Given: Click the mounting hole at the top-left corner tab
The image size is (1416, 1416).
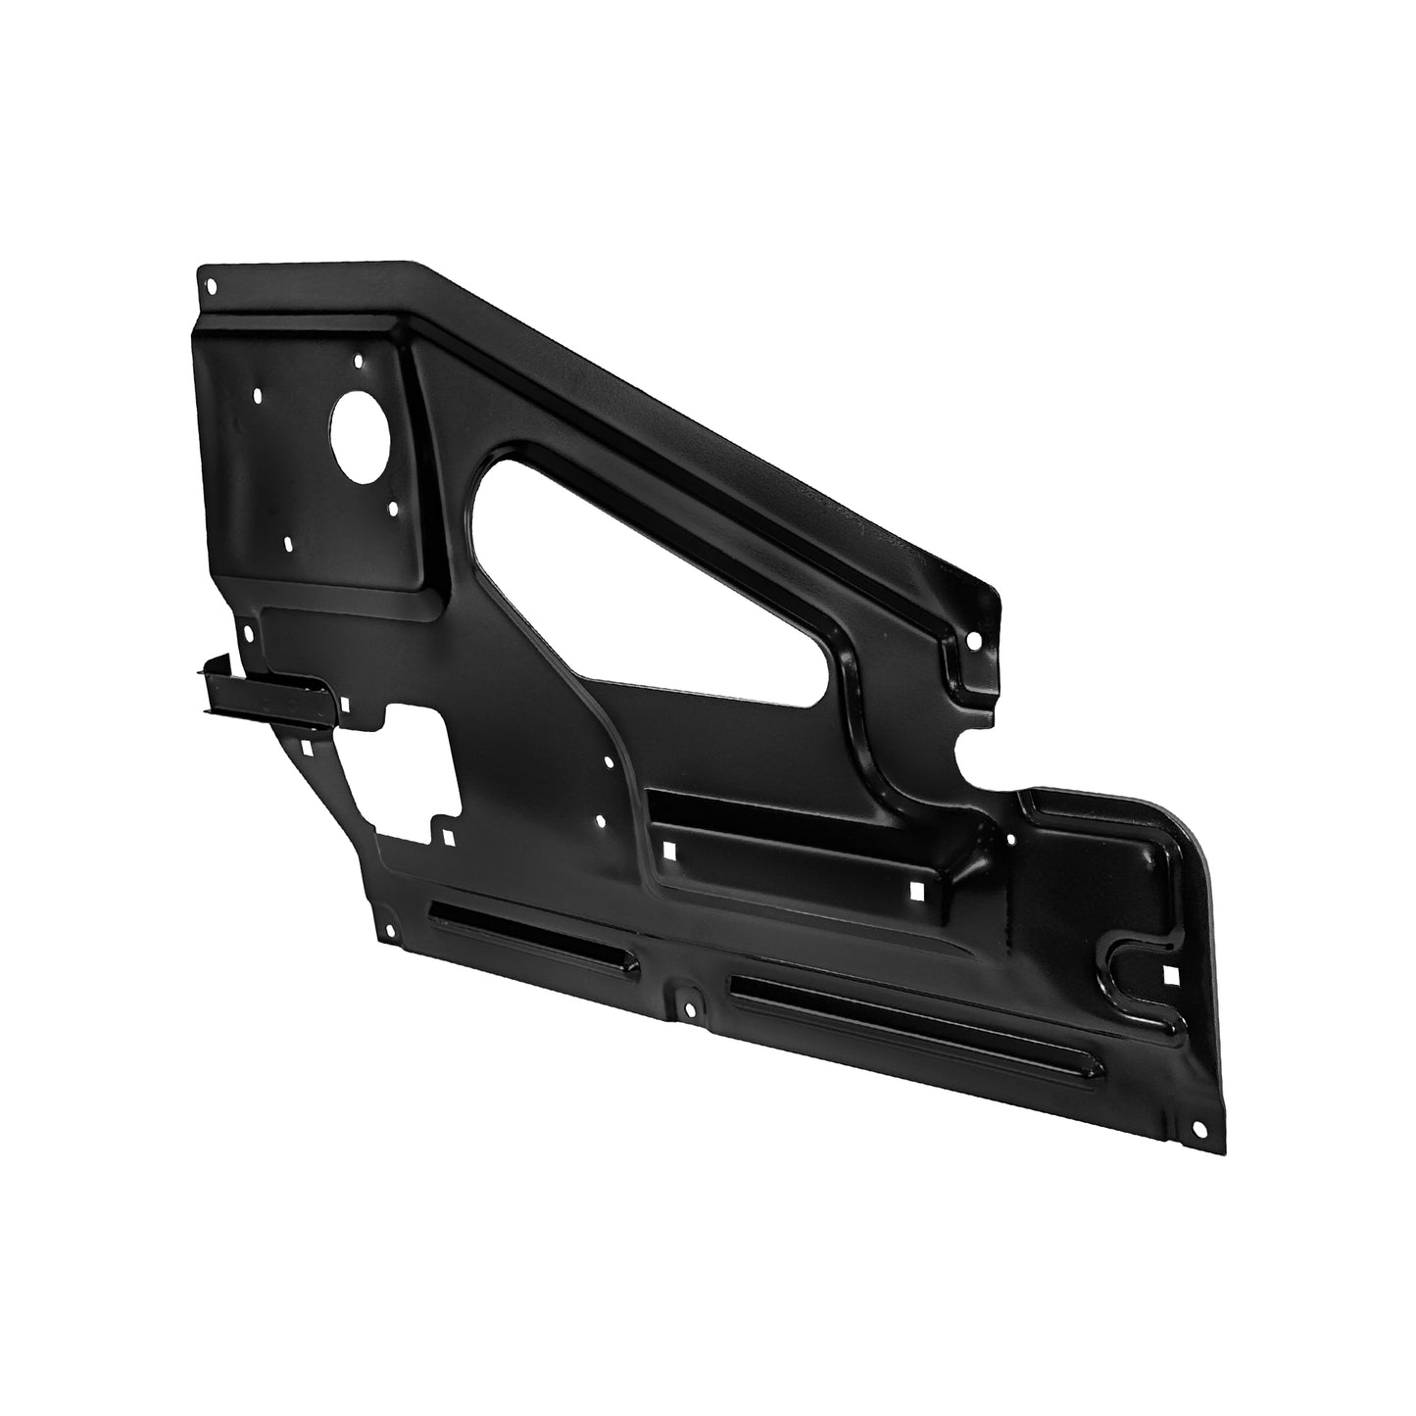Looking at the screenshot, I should coord(214,286).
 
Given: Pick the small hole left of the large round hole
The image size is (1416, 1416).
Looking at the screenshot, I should coord(257,397).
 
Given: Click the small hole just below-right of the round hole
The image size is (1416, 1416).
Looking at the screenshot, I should coord(393,509).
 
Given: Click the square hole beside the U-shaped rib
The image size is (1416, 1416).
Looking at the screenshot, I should coord(1170,976).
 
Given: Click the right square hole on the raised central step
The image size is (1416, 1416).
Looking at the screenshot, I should coord(917,891).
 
